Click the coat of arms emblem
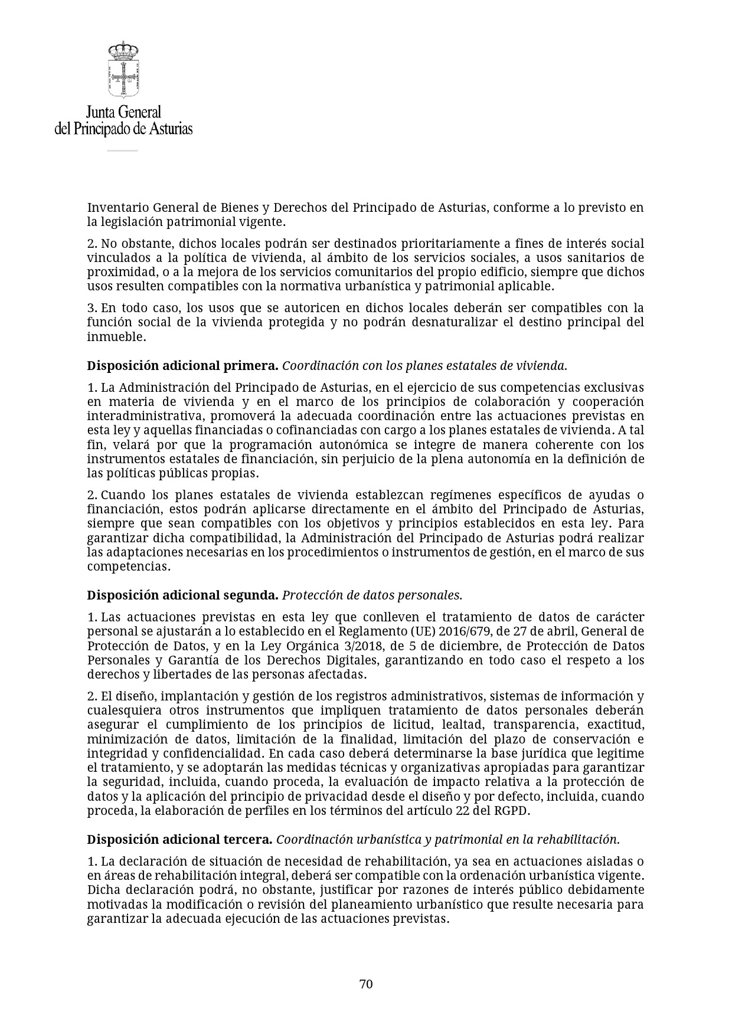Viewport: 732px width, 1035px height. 123,70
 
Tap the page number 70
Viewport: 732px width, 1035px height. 366,984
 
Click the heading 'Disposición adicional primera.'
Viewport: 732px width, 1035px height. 182,366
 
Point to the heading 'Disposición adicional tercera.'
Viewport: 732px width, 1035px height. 179,840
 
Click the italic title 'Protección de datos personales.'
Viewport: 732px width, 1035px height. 372,595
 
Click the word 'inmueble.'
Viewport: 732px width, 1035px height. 116,337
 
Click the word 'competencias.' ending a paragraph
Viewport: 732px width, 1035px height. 129,566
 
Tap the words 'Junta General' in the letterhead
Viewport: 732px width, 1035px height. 123,112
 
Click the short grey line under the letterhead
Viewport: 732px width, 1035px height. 122,151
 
